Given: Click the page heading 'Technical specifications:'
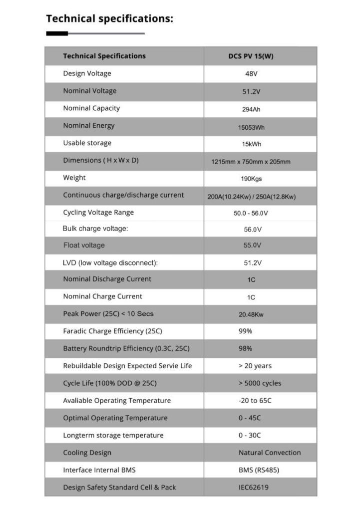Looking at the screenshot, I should [110, 19].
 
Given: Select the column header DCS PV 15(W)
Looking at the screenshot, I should [251, 56].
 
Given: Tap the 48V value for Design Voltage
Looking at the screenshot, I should [251, 74].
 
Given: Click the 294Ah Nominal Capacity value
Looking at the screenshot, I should [251, 109].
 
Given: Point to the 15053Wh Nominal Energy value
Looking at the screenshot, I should [251, 127].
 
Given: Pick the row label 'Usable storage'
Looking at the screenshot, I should [87, 143].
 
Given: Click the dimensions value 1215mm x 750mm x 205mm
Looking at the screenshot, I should [251, 162].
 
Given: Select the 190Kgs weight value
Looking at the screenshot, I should [251, 178].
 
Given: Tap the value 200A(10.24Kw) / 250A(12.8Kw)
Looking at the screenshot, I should [251, 197].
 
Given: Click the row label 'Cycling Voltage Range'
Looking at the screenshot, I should [98, 213].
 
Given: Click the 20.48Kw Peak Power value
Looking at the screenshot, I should [251, 314].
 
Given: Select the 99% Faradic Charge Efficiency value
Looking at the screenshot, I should [245, 331].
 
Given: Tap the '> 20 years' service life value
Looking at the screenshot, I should [255, 366].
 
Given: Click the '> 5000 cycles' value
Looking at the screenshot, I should [260, 383].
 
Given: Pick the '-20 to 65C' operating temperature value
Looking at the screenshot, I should [255, 401].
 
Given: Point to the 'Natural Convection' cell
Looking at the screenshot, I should [270, 453].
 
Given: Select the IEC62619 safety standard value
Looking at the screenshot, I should [253, 488].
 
